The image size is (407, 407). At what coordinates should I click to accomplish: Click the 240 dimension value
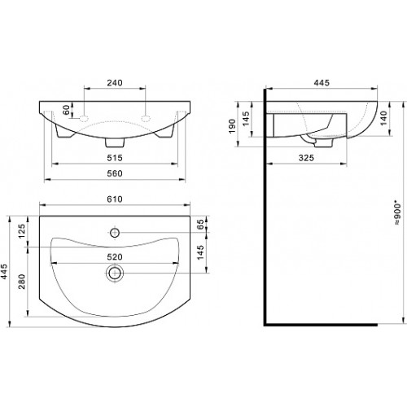tap(115, 82)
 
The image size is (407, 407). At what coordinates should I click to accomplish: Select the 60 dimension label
tap(66, 110)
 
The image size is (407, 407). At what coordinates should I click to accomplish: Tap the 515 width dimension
tap(115, 158)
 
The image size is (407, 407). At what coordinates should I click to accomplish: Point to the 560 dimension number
tap(115, 173)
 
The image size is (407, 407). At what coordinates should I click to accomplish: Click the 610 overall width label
tap(115, 199)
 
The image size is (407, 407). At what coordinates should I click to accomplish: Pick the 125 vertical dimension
tap(22, 231)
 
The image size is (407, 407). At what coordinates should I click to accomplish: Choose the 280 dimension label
tap(22, 282)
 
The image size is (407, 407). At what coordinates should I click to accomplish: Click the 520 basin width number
tap(115, 256)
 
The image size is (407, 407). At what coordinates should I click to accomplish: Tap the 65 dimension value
tap(200, 224)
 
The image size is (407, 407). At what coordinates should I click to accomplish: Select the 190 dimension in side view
tap(232, 126)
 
